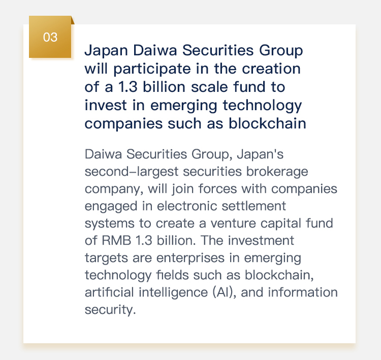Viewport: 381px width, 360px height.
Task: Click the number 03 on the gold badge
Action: tap(50, 37)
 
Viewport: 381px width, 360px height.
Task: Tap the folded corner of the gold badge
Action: tap(73, 20)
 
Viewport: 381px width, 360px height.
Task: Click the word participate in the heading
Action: tap(152, 69)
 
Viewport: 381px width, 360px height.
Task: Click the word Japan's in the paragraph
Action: tap(260, 154)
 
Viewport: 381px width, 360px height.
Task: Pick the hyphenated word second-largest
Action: tap(132, 172)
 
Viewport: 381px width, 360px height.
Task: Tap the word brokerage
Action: tap(277, 172)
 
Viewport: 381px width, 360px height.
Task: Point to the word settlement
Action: tap(253, 206)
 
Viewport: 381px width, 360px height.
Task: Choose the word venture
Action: tap(233, 223)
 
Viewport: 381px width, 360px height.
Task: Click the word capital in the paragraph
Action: tap(280, 224)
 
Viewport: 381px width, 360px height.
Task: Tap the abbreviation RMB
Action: tap(116, 241)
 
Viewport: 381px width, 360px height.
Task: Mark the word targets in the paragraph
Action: tap(106, 258)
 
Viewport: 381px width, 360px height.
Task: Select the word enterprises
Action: tap(190, 258)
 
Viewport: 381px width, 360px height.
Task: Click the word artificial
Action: tap(109, 292)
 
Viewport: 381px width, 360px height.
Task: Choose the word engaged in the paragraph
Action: tap(111, 207)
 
